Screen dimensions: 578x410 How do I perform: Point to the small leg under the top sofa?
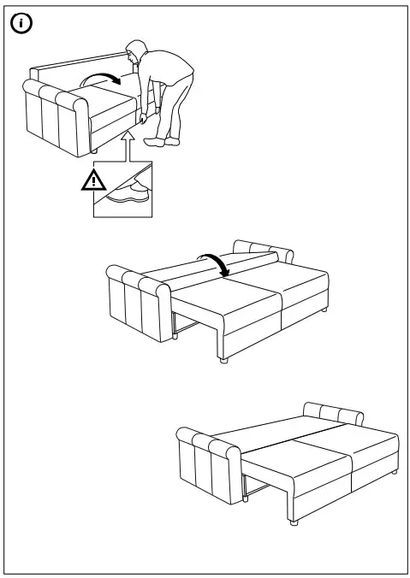[x=93, y=151]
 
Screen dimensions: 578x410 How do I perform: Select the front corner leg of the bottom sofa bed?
[x=294, y=519]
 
